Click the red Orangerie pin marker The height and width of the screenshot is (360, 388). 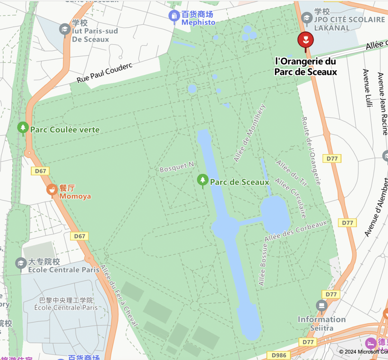[305, 40]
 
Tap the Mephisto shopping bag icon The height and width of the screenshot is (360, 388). [174, 16]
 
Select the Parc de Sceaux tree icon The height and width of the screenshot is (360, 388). [203, 180]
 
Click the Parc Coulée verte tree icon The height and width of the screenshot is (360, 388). [23, 128]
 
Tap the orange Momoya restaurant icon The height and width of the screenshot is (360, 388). [52, 190]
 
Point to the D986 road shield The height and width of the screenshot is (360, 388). [279, 355]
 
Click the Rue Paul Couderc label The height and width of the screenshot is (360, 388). [105, 73]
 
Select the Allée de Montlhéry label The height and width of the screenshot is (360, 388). [250, 133]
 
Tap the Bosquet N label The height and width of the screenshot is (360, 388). [177, 167]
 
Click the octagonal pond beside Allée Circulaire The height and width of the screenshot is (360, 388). [275, 214]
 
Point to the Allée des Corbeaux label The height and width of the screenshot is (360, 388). [296, 231]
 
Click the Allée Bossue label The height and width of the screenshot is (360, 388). [263, 265]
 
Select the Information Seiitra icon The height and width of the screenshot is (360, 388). [322, 306]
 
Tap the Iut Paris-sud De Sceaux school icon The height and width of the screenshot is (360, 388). [65, 29]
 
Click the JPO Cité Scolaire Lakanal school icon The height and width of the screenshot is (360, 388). [306, 17]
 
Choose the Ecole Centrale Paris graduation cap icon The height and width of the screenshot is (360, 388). [21, 263]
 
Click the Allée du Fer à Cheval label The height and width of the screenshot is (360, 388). [119, 295]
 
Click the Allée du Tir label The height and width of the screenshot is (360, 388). [292, 173]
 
